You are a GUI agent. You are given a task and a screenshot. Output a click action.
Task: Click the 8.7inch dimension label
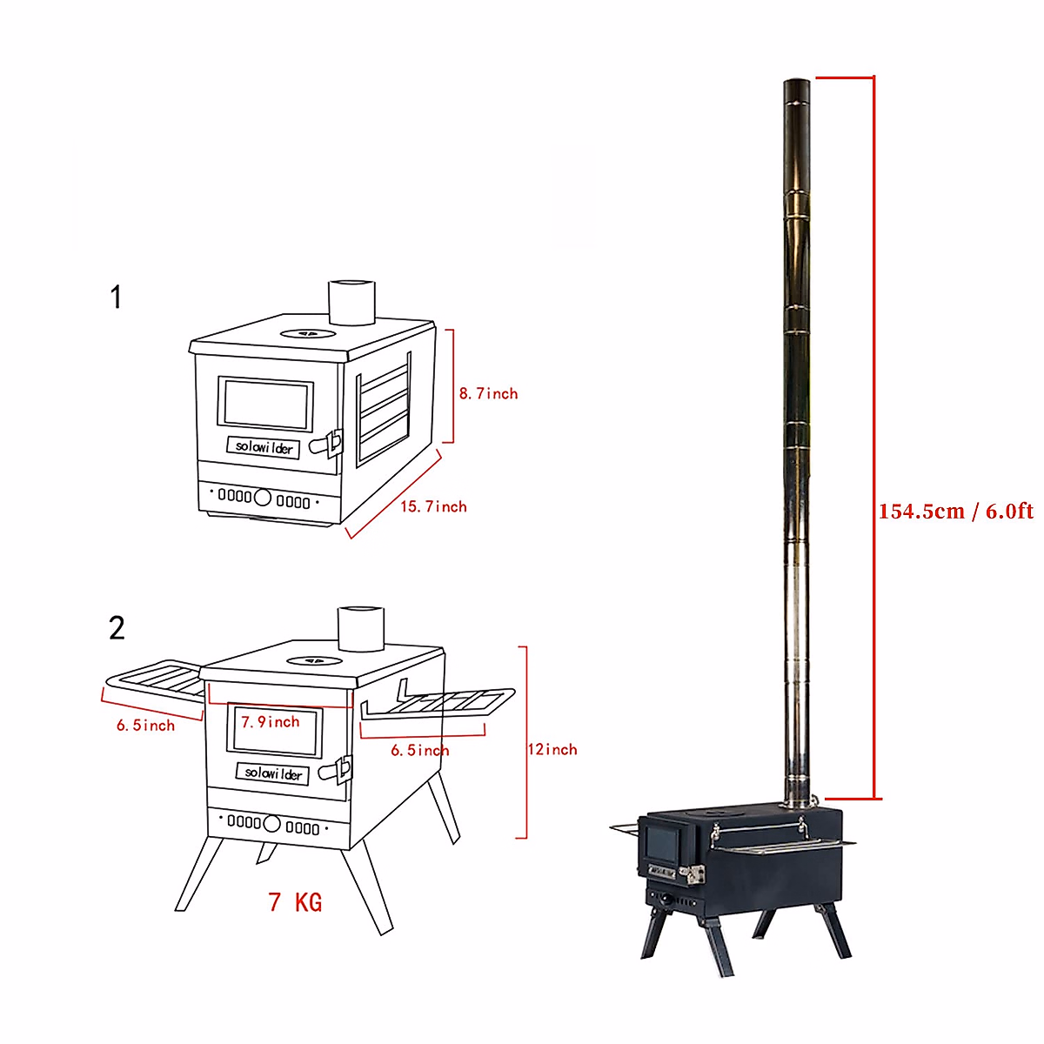coord(488,393)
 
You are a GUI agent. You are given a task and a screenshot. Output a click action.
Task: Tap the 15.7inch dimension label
coord(433,506)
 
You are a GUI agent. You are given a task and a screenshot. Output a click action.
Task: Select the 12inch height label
coord(552,749)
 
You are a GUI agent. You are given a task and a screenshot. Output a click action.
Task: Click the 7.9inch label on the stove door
coord(271,722)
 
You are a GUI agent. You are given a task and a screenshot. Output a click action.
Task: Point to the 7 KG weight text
coord(296,902)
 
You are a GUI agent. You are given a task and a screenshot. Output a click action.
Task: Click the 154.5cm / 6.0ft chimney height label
coord(955,511)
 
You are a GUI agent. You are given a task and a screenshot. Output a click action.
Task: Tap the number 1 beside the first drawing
coord(117,298)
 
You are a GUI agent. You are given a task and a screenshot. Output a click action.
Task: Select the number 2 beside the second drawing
coord(117,627)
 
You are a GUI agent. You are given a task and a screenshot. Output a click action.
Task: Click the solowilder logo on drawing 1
coord(264,447)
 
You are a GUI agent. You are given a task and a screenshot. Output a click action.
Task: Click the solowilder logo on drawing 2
coord(273,773)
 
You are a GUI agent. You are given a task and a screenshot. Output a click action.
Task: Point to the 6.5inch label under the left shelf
coord(145,725)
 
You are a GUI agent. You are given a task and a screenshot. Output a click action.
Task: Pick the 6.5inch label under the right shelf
coord(420,750)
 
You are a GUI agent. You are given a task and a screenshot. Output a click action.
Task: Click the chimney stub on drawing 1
coord(351,302)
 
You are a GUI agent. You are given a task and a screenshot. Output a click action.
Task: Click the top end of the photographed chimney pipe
coord(797,84)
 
